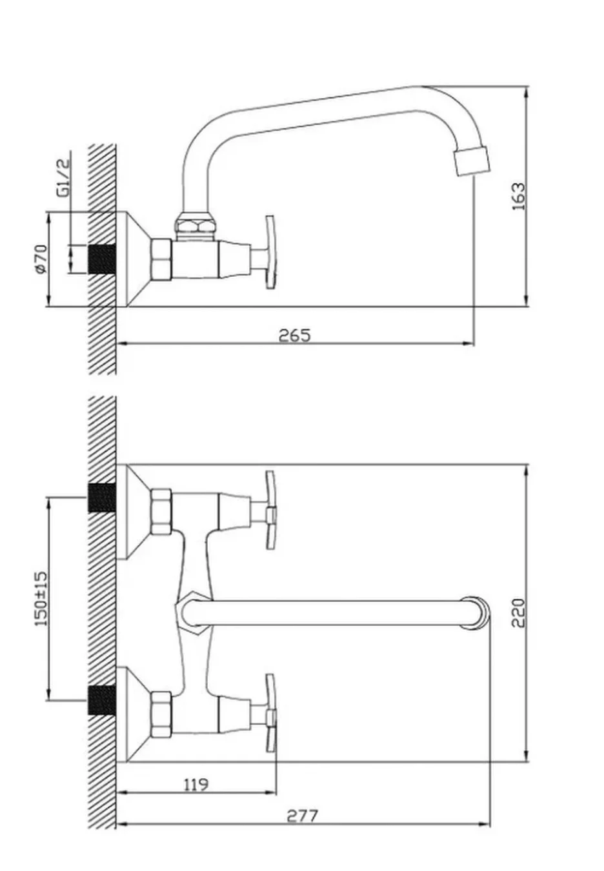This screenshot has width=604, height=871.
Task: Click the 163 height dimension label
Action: tap(518, 196)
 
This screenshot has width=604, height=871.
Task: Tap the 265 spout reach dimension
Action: tap(295, 335)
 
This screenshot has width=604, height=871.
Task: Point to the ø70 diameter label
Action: tap(41, 259)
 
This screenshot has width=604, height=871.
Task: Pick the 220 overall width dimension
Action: tap(518, 613)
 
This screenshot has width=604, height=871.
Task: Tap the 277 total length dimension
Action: tap(302, 816)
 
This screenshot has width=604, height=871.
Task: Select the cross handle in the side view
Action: tap(270, 252)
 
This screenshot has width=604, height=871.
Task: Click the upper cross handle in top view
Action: tap(270, 510)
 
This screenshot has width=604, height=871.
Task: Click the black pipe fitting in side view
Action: tap(103, 259)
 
